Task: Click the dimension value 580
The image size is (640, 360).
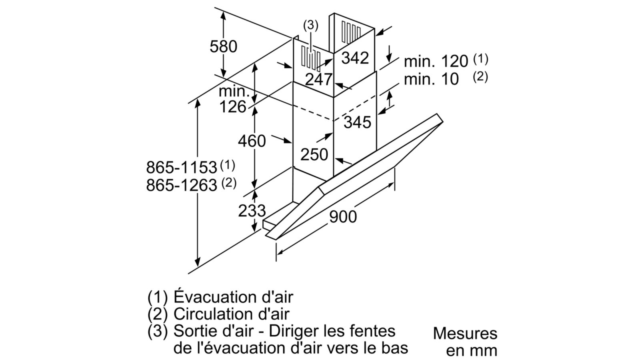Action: point(223,46)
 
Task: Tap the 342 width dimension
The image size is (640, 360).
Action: point(355,58)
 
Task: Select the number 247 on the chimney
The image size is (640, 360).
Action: point(318,79)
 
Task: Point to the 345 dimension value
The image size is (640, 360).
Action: point(357,122)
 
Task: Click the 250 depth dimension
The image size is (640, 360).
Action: point(314,154)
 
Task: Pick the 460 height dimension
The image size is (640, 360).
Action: point(252,141)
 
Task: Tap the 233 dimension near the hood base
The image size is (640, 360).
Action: point(252,210)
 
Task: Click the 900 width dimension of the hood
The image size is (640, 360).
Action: point(343,216)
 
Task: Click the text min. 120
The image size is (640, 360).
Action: point(436,62)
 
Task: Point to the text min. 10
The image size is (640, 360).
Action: point(431,79)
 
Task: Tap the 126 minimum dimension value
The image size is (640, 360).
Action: point(232,107)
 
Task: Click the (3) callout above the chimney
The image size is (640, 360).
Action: point(311,26)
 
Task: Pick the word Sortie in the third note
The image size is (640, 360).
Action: point(196,331)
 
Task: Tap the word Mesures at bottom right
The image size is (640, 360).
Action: point(465,333)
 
